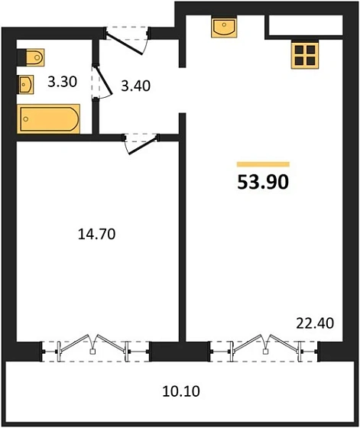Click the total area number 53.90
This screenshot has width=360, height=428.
coord(264,182)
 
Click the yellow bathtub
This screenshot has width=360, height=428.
coord(47,119)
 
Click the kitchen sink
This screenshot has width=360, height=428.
coord(224,28)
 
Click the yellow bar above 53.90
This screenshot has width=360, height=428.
coord(264,164)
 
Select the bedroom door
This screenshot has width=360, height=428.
coord(138,143)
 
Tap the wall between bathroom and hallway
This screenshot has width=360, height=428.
coord(96,115)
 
